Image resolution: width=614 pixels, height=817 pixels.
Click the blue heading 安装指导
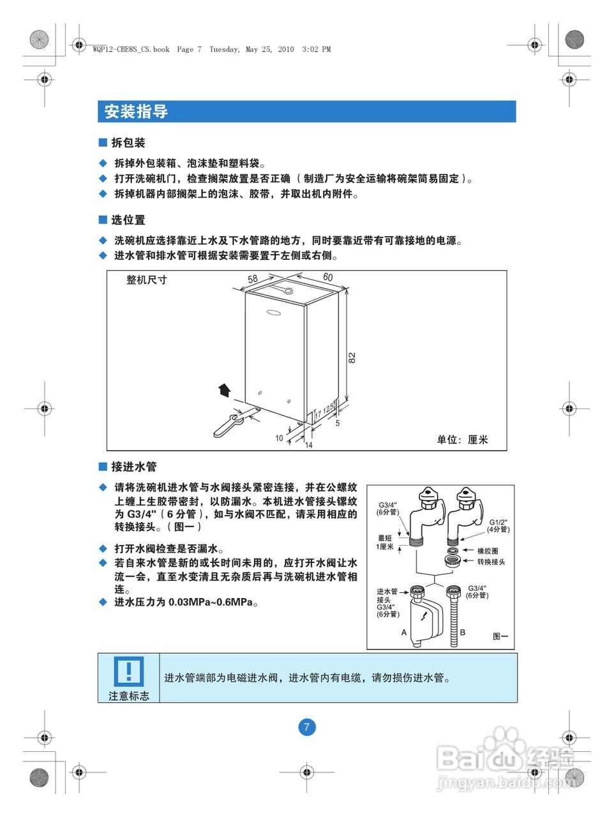[136, 112]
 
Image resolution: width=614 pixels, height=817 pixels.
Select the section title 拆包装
[128, 143]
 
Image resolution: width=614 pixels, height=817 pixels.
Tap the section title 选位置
[128, 220]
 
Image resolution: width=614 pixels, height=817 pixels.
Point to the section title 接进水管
[133, 467]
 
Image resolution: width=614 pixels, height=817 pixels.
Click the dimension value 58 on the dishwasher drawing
[253, 279]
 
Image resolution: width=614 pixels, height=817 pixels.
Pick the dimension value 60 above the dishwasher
[327, 277]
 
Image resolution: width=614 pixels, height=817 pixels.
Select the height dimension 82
[352, 358]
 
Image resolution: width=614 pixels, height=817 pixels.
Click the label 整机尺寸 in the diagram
[147, 280]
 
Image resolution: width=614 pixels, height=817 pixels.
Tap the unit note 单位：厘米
[462, 440]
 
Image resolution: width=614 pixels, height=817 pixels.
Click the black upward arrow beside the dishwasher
[223, 390]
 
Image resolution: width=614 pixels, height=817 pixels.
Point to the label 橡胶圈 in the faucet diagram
[488, 551]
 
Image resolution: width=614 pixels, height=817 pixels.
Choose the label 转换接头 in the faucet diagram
[491, 562]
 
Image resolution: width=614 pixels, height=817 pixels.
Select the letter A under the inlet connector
[404, 633]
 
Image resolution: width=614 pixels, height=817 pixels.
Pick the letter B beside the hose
[463, 633]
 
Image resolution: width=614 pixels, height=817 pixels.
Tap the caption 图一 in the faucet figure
[500, 636]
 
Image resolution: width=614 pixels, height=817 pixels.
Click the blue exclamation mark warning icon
[128, 671]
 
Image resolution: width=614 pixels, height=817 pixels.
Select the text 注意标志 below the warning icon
[129, 696]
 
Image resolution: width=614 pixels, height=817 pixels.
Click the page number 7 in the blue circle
[307, 727]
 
